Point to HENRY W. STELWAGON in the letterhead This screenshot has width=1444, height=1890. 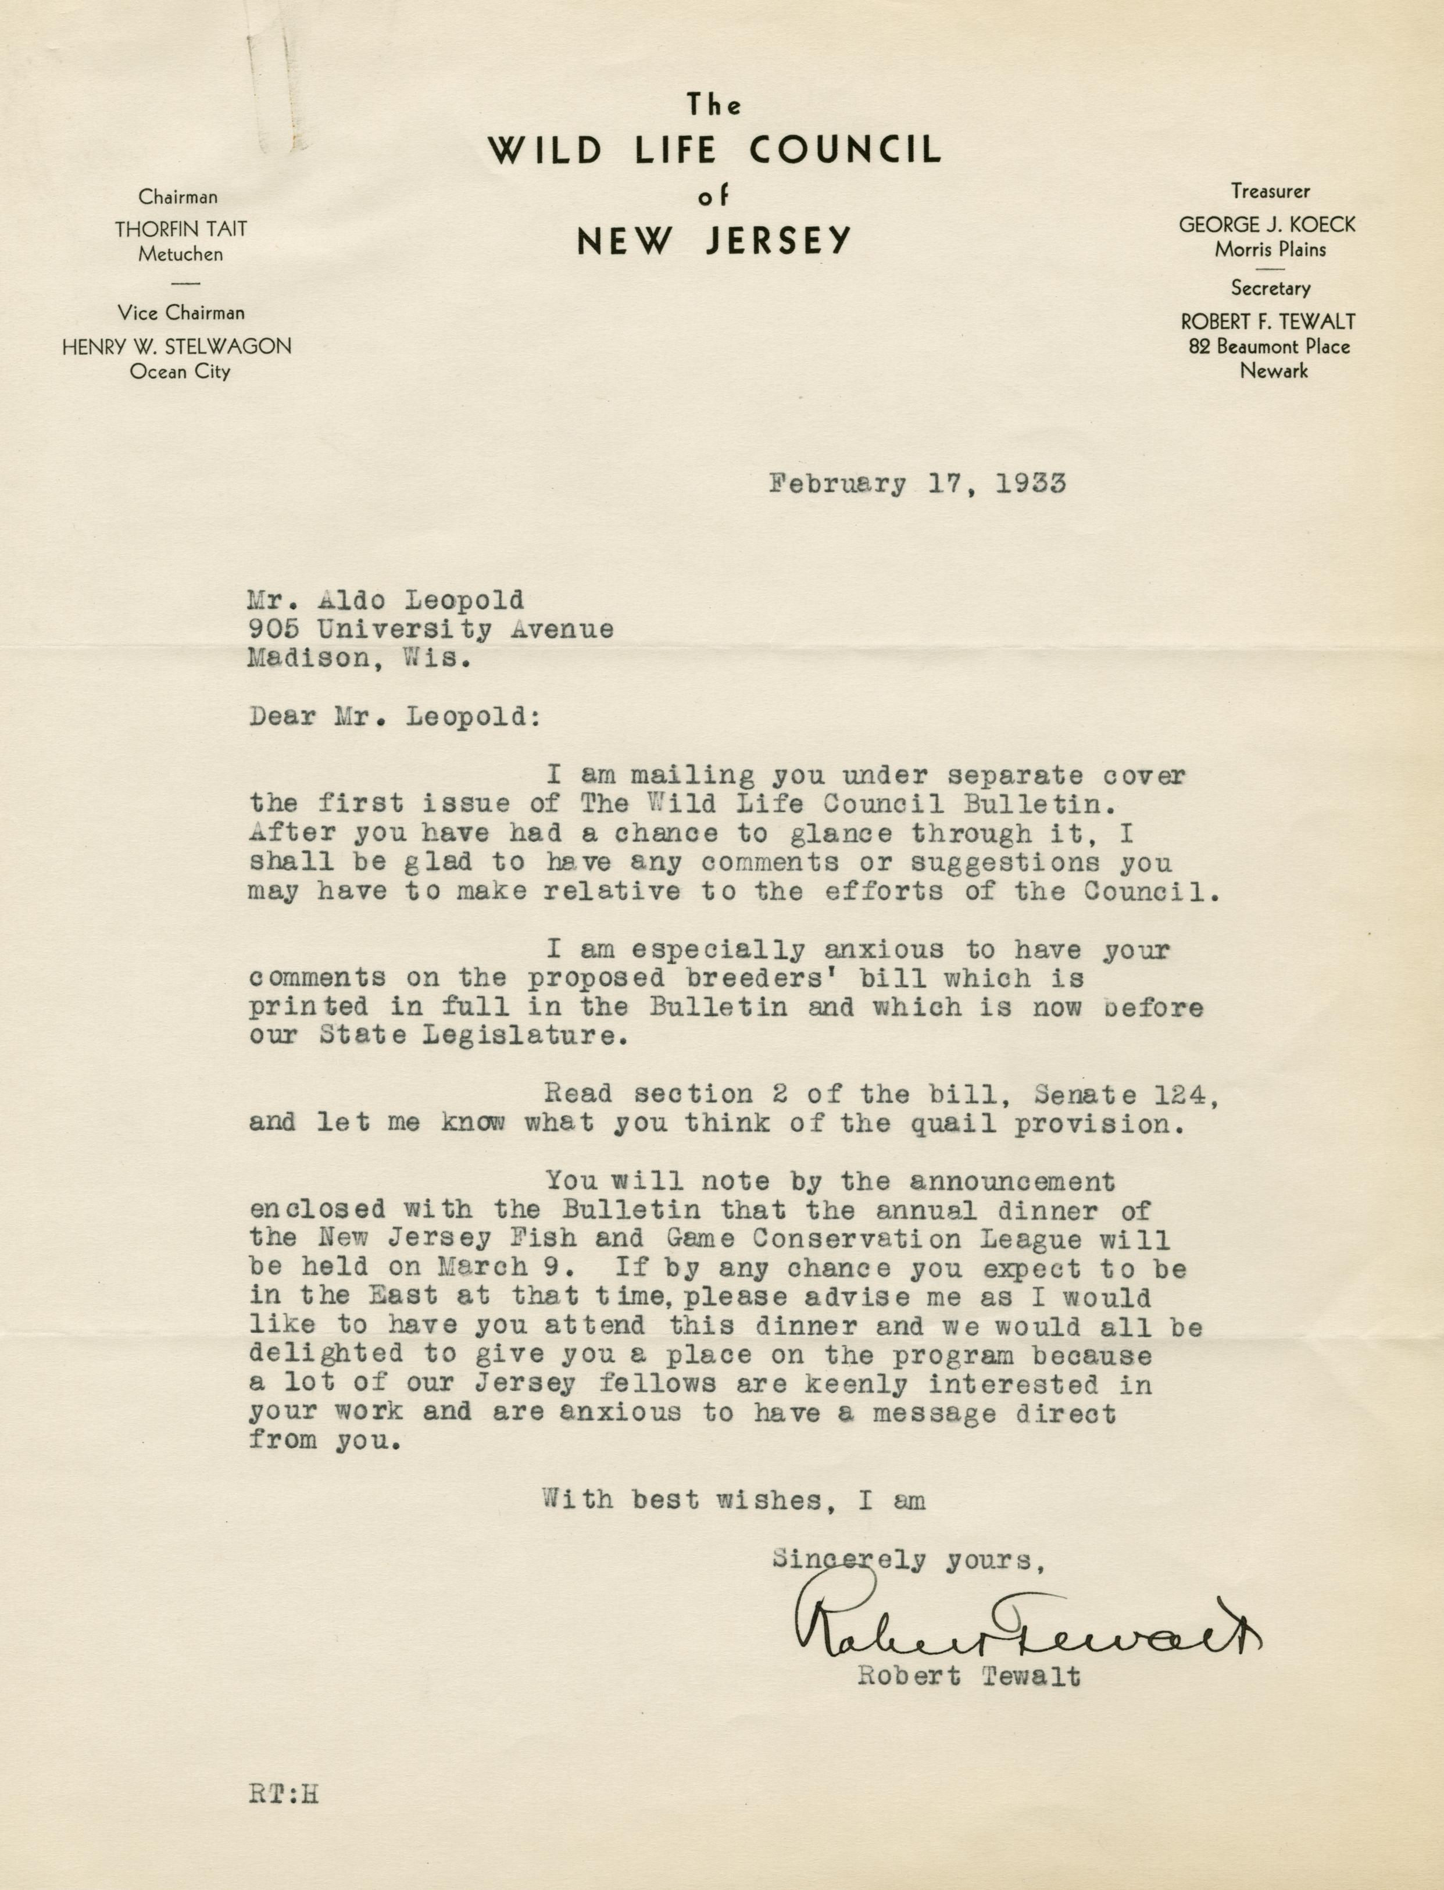coord(177,346)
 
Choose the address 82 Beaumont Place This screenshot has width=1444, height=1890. coord(1268,346)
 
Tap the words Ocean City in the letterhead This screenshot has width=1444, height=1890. coord(180,372)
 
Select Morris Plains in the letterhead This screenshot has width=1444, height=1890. coord(1270,249)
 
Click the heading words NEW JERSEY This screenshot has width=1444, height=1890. coord(713,241)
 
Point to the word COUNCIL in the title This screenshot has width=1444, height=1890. coord(845,151)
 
